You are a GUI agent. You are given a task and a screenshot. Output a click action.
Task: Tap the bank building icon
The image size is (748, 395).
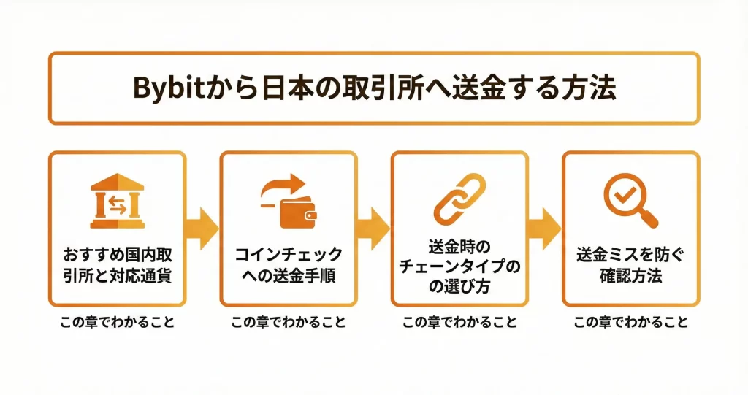(117, 199)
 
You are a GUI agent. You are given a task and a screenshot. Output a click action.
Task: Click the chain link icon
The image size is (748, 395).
(459, 199)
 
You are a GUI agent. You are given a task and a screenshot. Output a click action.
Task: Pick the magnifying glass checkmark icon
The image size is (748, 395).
(630, 199)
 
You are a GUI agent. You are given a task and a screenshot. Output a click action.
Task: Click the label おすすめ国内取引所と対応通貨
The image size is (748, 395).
(117, 266)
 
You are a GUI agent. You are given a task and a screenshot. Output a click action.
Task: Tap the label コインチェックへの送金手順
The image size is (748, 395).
(288, 266)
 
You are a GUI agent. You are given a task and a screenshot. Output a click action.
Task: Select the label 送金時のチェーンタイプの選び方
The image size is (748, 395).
(459, 266)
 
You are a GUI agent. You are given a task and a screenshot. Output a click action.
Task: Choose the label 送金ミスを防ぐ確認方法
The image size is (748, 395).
(630, 266)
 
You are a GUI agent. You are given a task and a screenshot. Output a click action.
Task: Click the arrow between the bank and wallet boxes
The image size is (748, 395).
(203, 228)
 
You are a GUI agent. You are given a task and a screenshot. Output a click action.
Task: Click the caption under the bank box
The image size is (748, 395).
(117, 322)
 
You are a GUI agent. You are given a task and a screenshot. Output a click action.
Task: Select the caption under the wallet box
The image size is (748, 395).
(288, 322)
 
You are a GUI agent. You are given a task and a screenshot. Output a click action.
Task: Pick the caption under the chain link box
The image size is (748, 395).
(459, 322)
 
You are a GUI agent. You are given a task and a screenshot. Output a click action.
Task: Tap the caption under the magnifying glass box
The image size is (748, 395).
(630, 322)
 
